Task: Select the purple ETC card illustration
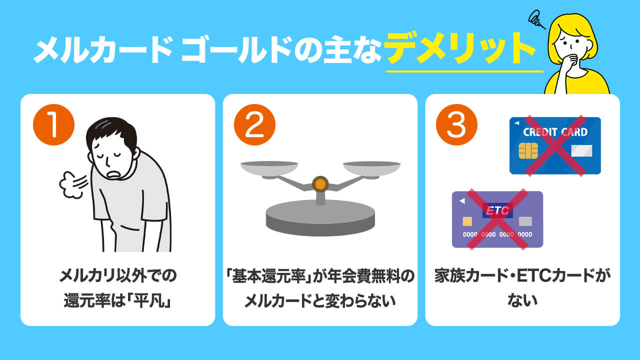pyautogui.click(x=497, y=219)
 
